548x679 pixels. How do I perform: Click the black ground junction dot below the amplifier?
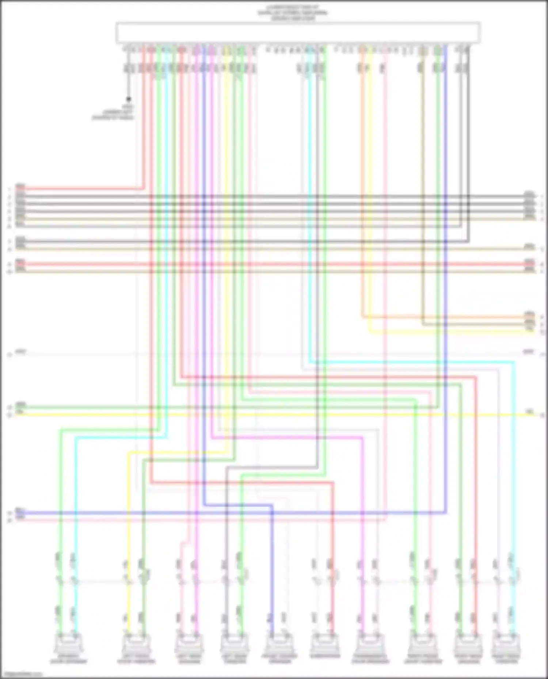coord(129,99)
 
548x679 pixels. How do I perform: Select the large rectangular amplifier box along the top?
coord(298,33)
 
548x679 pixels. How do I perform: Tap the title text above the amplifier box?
coord(292,12)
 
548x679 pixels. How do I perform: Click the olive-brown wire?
coord(423,182)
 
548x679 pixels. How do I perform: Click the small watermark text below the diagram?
coord(22,675)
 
